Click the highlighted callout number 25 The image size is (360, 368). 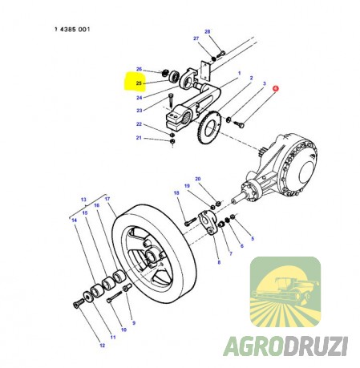(139, 83)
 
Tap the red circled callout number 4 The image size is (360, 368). (275, 88)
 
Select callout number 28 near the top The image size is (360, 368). (208, 31)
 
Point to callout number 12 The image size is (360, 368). (103, 346)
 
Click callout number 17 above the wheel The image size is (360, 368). (107, 199)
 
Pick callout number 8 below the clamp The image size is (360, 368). (219, 262)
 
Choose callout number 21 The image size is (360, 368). (139, 138)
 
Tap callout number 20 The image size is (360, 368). (198, 179)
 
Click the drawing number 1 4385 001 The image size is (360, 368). (72, 29)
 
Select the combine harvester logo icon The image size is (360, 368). (285, 292)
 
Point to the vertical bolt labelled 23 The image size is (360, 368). (171, 100)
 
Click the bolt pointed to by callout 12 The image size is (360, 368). (79, 303)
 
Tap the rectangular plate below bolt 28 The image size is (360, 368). (205, 71)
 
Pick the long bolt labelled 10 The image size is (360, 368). (114, 297)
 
